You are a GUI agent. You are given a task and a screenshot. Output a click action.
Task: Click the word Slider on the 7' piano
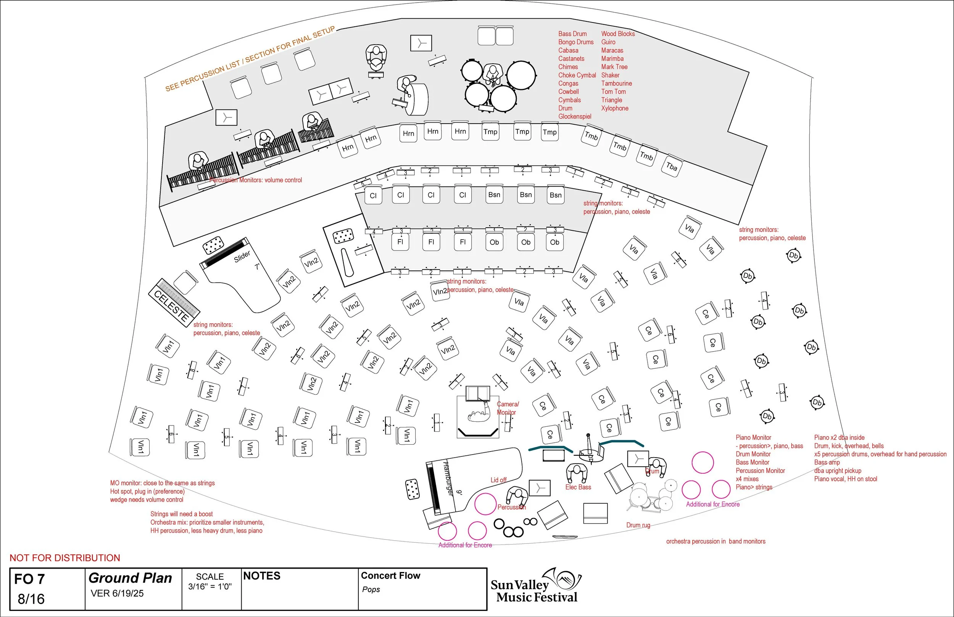[242, 256]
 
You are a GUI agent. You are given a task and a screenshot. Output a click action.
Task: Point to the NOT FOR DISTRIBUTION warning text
[64, 558]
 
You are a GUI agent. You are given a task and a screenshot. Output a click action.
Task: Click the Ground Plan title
[130, 578]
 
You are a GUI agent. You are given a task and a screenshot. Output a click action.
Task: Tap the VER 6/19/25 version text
[117, 593]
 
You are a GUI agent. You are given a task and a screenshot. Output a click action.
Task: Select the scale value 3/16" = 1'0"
[210, 586]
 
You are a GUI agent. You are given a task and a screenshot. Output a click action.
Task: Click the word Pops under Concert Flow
[371, 590]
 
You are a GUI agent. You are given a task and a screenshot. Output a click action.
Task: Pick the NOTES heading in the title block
[262, 576]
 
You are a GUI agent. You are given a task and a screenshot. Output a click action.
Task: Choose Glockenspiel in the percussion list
[575, 117]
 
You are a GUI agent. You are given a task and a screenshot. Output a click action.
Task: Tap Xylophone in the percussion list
[614, 108]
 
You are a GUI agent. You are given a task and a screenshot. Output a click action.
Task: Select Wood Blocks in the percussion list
[618, 34]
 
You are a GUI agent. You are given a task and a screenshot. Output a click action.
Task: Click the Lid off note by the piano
[498, 480]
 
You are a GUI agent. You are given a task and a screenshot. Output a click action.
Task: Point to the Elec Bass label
[578, 487]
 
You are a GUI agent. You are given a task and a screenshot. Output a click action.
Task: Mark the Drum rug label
[638, 525]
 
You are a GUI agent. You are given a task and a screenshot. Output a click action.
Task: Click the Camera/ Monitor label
[508, 408]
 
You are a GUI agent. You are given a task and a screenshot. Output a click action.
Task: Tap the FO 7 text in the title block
[29, 579]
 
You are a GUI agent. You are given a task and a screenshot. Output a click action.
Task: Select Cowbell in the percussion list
[568, 92]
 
